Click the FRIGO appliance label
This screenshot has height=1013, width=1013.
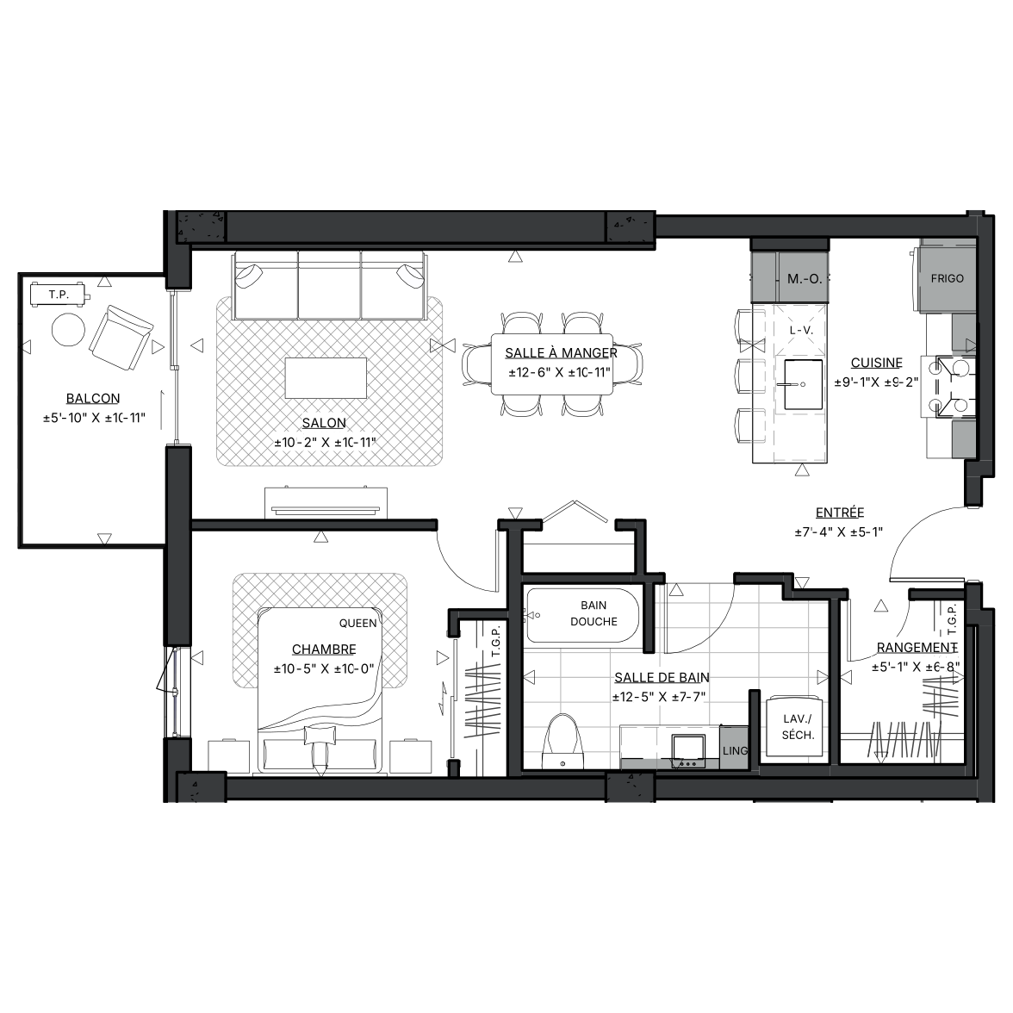pyautogui.click(x=948, y=278)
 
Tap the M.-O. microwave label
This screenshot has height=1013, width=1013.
pyautogui.click(x=805, y=279)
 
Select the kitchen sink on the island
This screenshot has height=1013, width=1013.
pyautogui.click(x=803, y=384)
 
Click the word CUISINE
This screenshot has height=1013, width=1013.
pyautogui.click(x=876, y=364)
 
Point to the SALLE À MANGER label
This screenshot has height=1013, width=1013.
pyautogui.click(x=561, y=353)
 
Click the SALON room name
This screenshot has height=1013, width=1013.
pyautogui.click(x=324, y=423)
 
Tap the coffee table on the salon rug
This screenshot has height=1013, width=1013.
pyautogui.click(x=326, y=378)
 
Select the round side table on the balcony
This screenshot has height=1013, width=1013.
pyautogui.click(x=68, y=329)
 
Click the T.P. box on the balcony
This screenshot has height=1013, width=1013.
pyautogui.click(x=59, y=295)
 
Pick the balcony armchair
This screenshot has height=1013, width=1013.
pyautogui.click(x=121, y=338)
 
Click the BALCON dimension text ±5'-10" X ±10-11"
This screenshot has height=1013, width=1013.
pyautogui.click(x=95, y=418)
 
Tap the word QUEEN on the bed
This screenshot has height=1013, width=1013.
pyautogui.click(x=358, y=624)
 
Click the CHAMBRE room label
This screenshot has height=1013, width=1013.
pyautogui.click(x=324, y=649)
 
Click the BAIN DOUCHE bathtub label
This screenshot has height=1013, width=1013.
pyautogui.click(x=594, y=613)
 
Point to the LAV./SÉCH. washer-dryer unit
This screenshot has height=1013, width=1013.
pyautogui.click(x=798, y=727)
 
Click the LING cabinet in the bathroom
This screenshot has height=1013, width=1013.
pyautogui.click(x=734, y=748)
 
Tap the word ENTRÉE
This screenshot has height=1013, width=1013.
pyautogui.click(x=839, y=513)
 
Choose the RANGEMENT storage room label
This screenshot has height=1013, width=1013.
pyautogui.click(x=917, y=648)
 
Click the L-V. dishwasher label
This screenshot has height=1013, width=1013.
pyautogui.click(x=801, y=330)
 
